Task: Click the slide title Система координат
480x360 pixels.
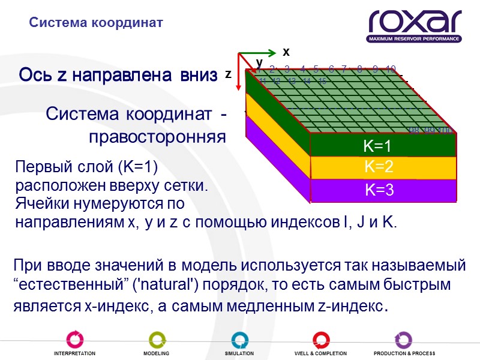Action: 96,23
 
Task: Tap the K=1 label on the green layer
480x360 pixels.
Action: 378,146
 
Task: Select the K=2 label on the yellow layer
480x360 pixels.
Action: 378,167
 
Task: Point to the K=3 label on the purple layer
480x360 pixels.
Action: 379,190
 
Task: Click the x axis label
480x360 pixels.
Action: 286,52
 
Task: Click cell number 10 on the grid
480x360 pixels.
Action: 391,69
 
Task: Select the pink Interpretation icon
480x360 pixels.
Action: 74,340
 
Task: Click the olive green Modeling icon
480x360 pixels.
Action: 156,340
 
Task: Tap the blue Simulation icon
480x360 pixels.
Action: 239,340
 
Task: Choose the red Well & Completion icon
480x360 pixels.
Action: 320,340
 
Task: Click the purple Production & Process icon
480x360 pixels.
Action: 403,340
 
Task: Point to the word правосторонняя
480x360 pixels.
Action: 157,137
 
